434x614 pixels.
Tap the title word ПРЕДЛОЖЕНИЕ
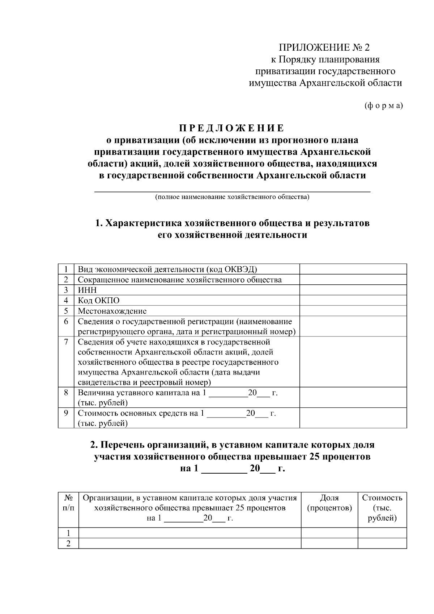[232, 128]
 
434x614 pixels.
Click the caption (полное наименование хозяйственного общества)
[232, 197]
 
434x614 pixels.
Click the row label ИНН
[87, 290]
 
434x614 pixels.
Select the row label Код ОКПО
[98, 301]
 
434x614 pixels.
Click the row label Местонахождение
[112, 311]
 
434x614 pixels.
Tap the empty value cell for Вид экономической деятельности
[353, 269]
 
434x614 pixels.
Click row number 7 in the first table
[66, 342]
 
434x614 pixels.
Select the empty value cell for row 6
[353, 326]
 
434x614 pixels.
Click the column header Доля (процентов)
[329, 503]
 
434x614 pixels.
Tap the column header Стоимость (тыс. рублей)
[382, 508]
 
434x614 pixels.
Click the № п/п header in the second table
[68, 503]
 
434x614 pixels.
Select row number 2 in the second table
[68, 543]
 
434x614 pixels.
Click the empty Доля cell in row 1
[329, 533]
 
